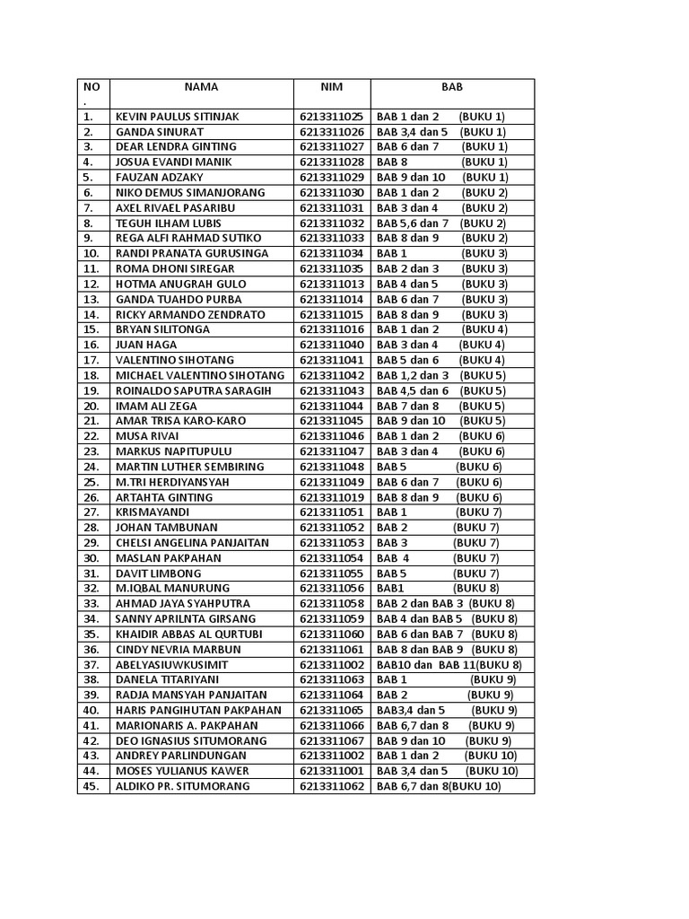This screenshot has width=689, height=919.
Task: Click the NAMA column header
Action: pyautogui.click(x=201, y=87)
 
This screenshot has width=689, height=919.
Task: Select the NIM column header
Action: pyautogui.click(x=332, y=87)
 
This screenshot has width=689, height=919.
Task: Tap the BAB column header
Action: pyautogui.click(x=452, y=87)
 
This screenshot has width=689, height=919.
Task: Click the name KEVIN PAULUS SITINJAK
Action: pyautogui.click(x=178, y=117)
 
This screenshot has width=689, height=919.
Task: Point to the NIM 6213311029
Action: pyautogui.click(x=332, y=178)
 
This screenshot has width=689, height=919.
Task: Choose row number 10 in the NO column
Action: pyautogui.click(x=91, y=253)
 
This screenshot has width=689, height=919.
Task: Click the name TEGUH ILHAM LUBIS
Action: pyautogui.click(x=168, y=223)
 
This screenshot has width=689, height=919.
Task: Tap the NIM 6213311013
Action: pyautogui.click(x=332, y=284)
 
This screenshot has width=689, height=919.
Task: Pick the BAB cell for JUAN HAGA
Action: pyautogui.click(x=440, y=345)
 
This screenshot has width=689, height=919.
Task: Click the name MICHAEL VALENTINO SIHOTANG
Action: pyautogui.click(x=200, y=375)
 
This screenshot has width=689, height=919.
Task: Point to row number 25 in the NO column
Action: pyautogui.click(x=91, y=482)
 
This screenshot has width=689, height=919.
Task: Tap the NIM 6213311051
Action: pyautogui.click(x=332, y=512)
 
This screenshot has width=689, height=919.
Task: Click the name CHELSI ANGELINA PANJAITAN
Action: pyautogui.click(x=193, y=543)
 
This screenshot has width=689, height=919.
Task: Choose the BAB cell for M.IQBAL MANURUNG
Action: pyautogui.click(x=438, y=588)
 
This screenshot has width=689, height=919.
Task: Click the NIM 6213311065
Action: pyautogui.click(x=332, y=710)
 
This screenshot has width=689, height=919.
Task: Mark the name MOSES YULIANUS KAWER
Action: pyautogui.click(x=182, y=771)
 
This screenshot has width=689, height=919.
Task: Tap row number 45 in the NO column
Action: pyautogui.click(x=91, y=786)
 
